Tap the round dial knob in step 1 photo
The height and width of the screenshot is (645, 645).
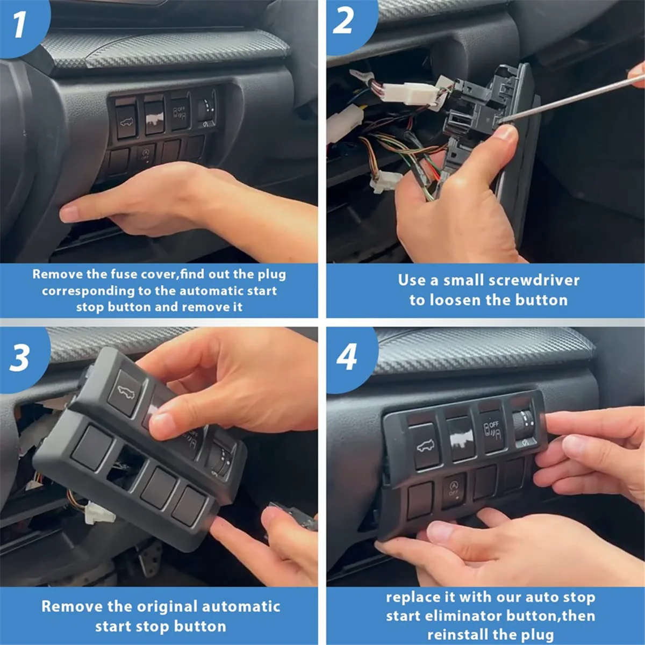click(206, 107)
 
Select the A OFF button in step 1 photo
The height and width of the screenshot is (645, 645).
click(146, 155)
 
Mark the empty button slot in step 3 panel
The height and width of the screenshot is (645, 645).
click(127, 465)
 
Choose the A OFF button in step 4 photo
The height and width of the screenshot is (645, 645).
click(454, 489)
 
